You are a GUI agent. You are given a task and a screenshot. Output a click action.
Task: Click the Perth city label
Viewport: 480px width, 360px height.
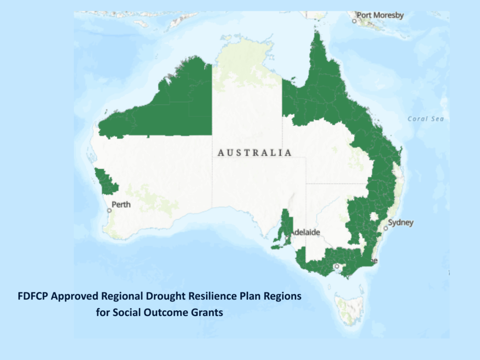click(121, 204)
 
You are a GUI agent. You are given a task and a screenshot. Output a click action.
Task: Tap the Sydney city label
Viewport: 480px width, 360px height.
click(400, 222)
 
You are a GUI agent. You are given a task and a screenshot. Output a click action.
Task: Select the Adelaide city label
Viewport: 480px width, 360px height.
click(306, 232)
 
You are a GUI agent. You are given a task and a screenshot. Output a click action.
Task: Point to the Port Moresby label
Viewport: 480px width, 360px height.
click(380, 15)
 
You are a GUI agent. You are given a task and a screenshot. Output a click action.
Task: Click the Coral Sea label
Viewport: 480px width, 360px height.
click(425, 119)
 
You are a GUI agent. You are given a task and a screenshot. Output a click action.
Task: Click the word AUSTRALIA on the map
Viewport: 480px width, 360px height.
click(255, 153)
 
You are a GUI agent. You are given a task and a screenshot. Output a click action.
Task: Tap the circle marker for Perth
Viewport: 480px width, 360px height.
click(109, 210)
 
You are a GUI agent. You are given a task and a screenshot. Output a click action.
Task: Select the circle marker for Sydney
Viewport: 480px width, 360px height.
click(386, 228)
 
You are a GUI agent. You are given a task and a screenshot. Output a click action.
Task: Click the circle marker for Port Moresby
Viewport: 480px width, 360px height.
click(355, 21)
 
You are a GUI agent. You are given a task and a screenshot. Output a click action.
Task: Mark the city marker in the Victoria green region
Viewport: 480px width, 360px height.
click(336, 266)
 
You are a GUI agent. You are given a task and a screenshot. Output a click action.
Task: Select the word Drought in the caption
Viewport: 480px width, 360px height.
click(165, 297)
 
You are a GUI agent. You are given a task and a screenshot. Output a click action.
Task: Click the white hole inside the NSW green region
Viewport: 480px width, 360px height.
click(374, 216)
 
